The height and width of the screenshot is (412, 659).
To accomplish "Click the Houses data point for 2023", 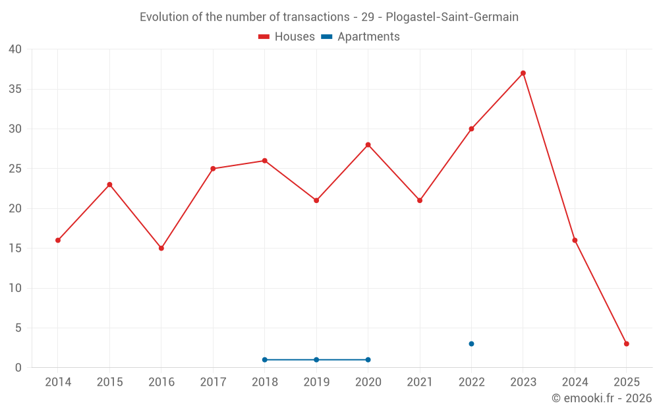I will coord(523,73).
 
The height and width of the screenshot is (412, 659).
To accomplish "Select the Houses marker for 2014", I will coord(58,241).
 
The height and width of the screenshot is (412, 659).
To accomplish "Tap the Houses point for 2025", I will coord(627,344).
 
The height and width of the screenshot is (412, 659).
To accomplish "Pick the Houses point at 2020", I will coord(368,145).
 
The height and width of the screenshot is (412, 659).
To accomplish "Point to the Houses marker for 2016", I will coord(161,249).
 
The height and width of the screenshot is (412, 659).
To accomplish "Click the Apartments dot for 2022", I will coord(471,344).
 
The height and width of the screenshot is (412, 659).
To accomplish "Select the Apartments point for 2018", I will coord(265,360).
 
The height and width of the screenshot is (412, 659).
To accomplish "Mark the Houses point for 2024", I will coord(575,241).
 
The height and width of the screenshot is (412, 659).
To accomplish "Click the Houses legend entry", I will coord(287,37).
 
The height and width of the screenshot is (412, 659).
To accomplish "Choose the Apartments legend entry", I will coord(360,37).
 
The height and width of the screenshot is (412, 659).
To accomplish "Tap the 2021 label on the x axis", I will coord(420,382).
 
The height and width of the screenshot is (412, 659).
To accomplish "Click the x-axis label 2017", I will coord(213,382).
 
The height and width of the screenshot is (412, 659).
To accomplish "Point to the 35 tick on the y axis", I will coord(15,89).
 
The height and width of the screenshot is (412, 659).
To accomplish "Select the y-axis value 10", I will coord(15,288).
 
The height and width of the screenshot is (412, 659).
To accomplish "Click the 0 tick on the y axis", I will coord(18,368).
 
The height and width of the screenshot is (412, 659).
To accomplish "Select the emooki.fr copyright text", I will coord(602,398).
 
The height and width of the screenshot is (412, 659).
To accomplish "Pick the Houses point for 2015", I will coord(109,185).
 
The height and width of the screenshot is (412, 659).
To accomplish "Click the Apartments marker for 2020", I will coord(368,360).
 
